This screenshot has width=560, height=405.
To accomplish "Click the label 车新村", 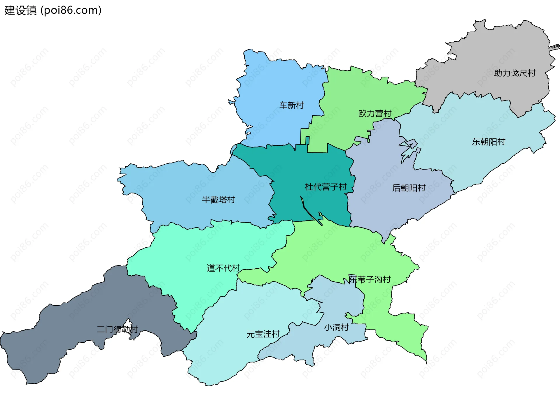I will click(291, 105).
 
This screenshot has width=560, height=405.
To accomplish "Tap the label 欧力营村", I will click(374, 113).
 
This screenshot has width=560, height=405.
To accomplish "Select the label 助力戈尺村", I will click(514, 73).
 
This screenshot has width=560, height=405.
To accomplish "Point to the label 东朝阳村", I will click(488, 142).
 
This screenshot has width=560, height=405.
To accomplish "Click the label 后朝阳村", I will click(409, 188).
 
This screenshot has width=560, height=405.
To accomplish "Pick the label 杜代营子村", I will click(325, 187).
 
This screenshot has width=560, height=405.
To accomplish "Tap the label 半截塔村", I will click(218, 200).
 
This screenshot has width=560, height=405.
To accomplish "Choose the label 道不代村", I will click(223, 268).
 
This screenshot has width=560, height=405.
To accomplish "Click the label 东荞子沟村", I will click(370, 279).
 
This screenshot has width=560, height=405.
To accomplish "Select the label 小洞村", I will click(336, 327).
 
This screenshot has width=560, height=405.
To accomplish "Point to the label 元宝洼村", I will click(263, 334).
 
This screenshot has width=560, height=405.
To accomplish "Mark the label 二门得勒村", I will click(117, 329).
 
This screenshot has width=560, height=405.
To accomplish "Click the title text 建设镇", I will click(20, 10).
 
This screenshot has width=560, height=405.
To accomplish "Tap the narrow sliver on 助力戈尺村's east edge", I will click(554, 47).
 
